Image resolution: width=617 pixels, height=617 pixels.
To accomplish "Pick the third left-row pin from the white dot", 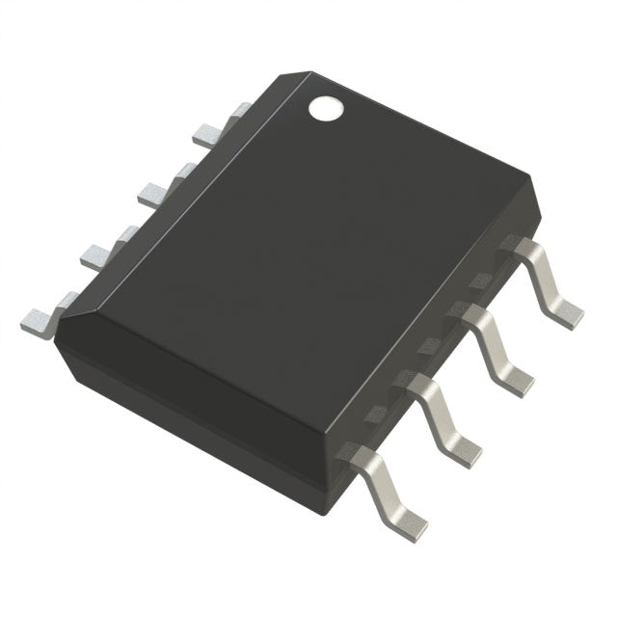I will [98, 253].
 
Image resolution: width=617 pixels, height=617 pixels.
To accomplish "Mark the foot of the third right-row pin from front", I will [517, 377].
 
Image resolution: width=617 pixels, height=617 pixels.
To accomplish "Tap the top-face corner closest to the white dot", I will [308, 72].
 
